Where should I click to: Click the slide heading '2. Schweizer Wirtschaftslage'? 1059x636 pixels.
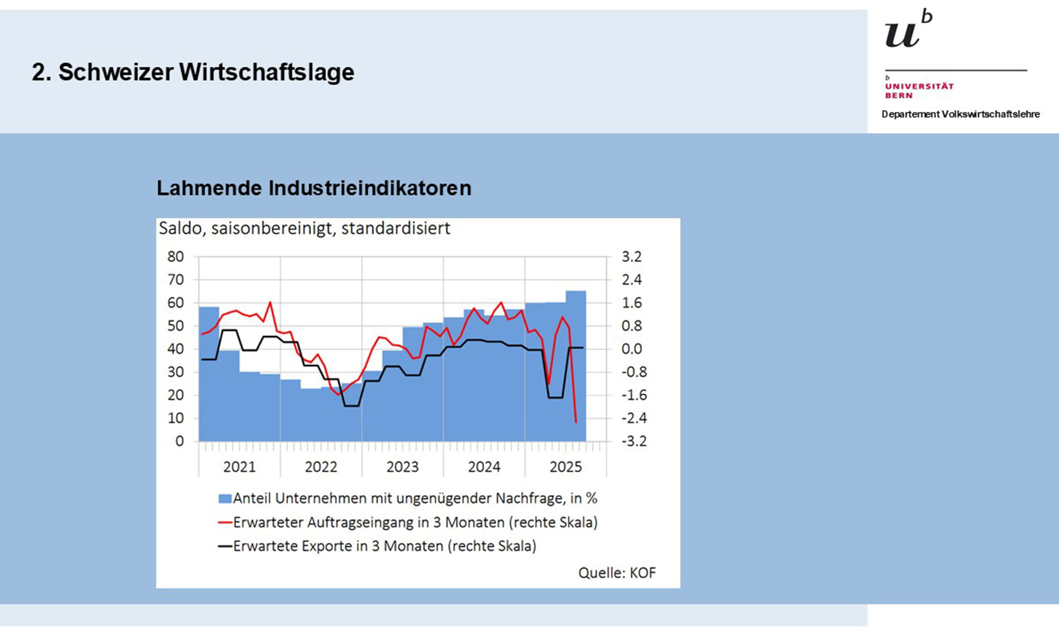coord(193,72)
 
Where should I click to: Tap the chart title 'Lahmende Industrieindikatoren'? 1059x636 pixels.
coord(313,188)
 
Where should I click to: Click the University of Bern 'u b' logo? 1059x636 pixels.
coord(908,30)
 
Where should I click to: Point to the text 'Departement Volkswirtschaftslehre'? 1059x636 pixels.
coord(960,114)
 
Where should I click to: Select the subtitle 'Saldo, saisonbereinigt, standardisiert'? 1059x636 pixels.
coord(304,228)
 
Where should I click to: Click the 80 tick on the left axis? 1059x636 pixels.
coord(175,257)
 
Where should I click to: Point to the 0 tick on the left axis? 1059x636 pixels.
coord(180,441)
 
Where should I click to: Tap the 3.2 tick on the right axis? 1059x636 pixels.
coord(631,257)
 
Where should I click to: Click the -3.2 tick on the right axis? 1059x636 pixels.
coord(634,441)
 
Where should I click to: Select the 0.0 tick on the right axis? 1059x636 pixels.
coord(631,349)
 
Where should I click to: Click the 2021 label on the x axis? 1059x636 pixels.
coord(239,467)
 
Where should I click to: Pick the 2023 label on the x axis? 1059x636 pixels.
coord(402,467)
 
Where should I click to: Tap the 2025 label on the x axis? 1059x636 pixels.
coord(566,467)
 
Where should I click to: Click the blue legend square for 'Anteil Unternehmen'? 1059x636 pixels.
coord(225,499)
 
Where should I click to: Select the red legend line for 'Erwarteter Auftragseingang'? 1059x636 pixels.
coord(225,523)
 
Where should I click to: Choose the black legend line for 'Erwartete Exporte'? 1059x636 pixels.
coord(225,546)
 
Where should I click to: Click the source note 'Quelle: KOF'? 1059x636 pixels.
coord(617,573)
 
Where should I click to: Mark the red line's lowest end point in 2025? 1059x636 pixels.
coord(576,422)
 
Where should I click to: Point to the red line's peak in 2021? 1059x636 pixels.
coord(270,303)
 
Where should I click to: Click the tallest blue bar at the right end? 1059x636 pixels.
coord(576,366)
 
